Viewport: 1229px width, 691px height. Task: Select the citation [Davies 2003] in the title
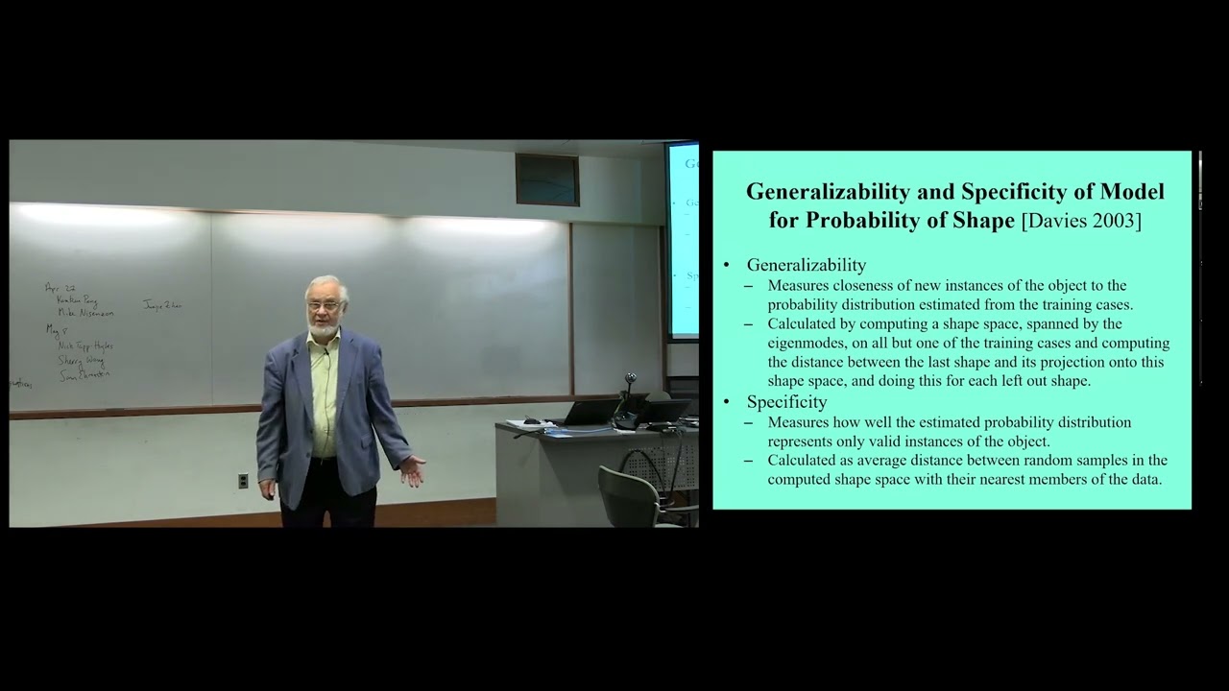(x=1081, y=221)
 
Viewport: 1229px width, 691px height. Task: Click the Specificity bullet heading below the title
(x=786, y=402)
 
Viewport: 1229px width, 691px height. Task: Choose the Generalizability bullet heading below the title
(x=806, y=265)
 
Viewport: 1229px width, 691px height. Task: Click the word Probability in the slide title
(x=861, y=221)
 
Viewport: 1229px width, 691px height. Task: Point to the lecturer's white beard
(x=324, y=327)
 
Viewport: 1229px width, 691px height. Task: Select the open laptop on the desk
(x=587, y=413)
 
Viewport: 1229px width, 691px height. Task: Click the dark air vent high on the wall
(x=547, y=179)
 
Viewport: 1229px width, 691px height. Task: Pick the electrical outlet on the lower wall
(x=243, y=481)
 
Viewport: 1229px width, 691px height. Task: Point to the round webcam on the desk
(x=630, y=380)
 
